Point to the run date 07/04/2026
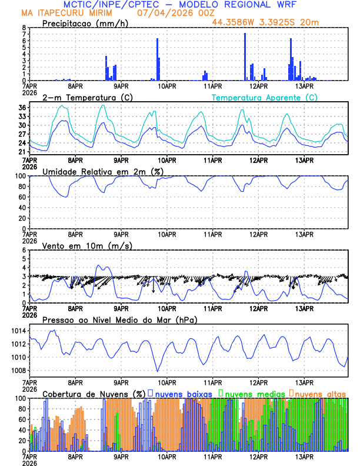click(163, 13)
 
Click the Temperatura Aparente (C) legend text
click(264, 97)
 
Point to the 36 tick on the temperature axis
click(22, 108)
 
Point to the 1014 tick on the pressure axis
click(17, 331)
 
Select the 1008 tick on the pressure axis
click(17, 370)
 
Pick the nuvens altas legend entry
click(319, 394)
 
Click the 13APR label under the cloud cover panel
click(304, 456)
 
